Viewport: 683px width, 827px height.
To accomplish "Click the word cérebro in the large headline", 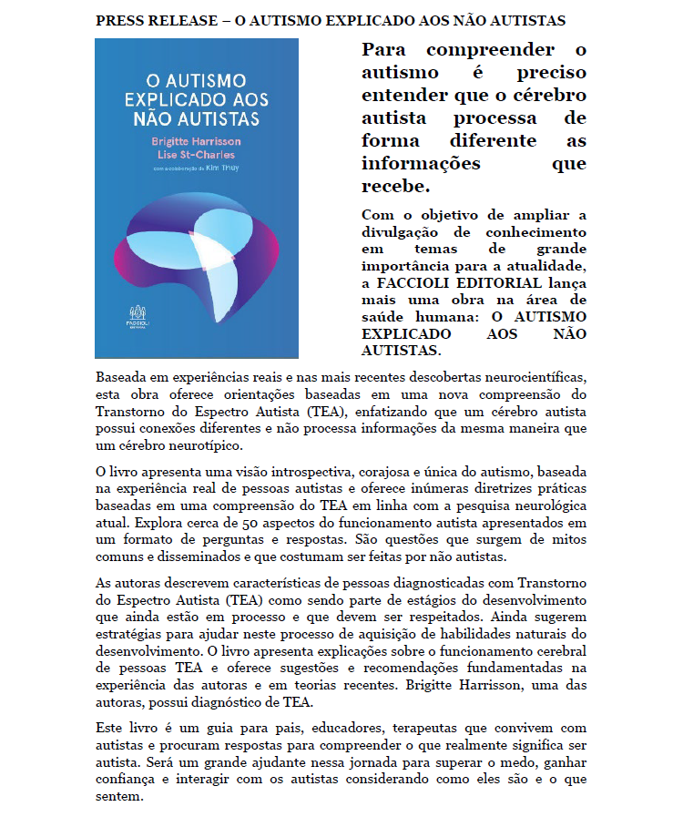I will (x=550, y=96).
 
